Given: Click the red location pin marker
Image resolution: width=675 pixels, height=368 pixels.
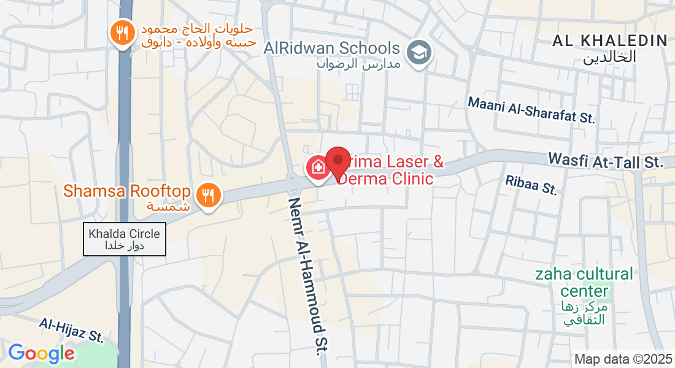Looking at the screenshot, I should coord(337,162).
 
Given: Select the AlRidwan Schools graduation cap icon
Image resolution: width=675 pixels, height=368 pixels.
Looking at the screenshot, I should coord(419,53).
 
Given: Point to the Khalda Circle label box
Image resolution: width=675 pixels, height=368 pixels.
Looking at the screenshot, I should coord(125,239).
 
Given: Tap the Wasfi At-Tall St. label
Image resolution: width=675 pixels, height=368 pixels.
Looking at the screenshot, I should coord(606,161).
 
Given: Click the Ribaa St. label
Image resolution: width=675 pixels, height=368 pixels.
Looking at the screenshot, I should coord(531,185).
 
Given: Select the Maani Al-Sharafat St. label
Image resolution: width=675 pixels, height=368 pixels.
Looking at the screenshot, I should coord(531,110).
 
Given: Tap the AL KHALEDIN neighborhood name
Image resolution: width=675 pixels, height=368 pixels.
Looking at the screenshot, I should coord(609,41).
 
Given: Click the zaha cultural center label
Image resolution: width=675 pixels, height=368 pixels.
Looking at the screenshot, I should coord(584,282).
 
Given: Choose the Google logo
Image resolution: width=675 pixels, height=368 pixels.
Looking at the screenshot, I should coord(41,353).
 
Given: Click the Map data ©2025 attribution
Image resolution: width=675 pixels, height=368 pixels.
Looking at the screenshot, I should coord(623,359).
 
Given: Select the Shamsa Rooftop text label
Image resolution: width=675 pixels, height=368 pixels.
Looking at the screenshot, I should coord(127,191).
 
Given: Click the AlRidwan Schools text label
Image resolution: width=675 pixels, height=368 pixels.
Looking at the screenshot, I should coord(332,48).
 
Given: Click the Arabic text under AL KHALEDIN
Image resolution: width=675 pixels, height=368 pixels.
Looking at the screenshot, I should coord(609,57).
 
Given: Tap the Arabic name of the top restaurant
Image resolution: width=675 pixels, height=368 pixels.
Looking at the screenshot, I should coord(197,36).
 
